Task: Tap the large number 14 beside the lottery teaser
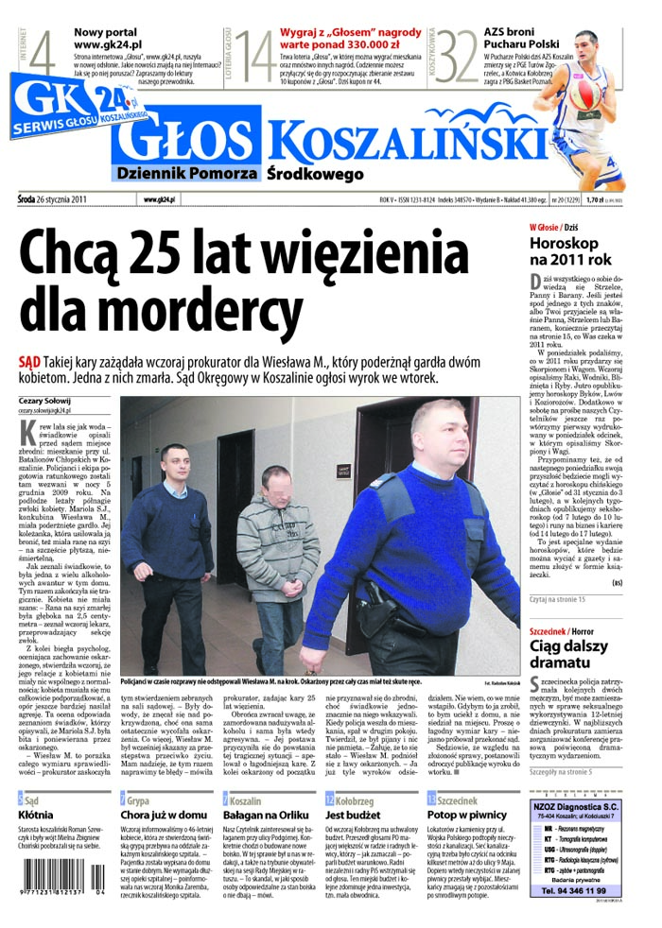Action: tap(254, 57)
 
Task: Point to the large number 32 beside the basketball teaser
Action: tap(457, 57)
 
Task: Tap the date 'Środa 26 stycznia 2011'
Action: tap(52, 199)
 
